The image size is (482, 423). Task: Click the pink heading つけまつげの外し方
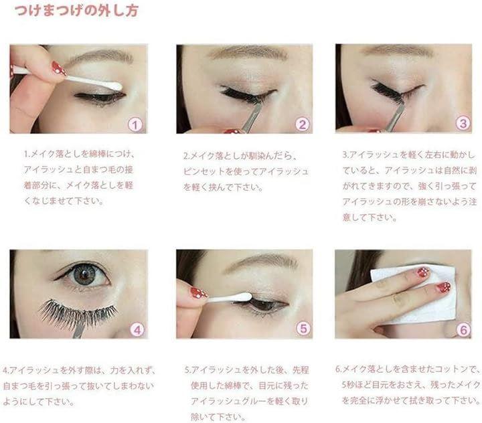coord(76,11)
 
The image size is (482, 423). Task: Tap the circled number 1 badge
coord(135,124)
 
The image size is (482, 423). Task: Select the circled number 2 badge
coord(303,124)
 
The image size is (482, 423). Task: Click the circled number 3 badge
coord(463,123)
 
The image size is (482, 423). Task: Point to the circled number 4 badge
coord(137,330)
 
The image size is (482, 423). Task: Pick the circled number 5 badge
coord(303,329)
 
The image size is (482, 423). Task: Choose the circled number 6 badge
coord(463,330)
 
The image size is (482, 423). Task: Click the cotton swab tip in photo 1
coord(114,86)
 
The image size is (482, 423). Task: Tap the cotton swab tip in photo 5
coord(243,297)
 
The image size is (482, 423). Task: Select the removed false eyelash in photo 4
coord(78,313)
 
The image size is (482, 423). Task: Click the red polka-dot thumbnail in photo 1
coord(59,68)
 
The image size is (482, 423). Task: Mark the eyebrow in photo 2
coord(248,53)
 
